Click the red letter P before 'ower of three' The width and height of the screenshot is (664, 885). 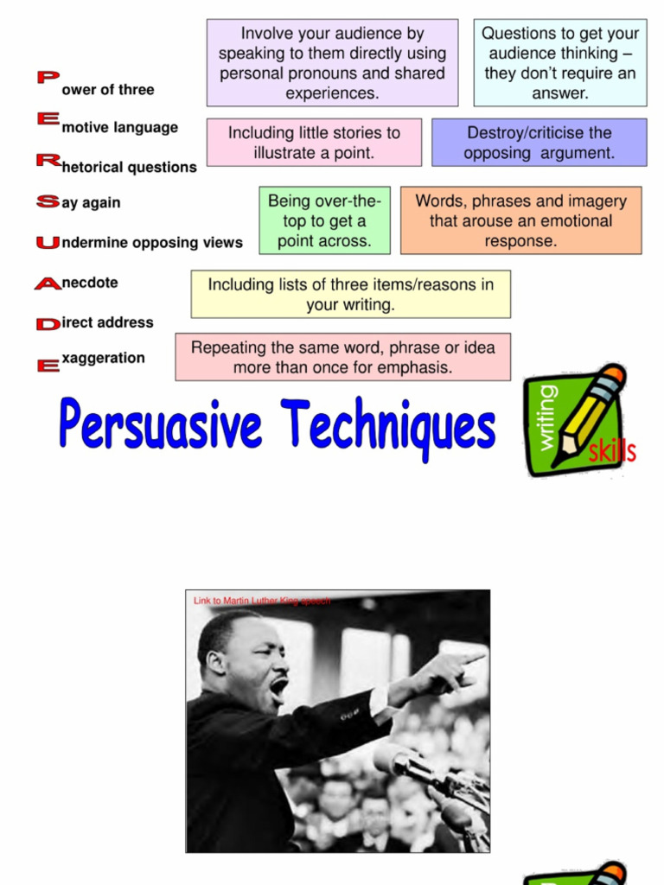point(48,78)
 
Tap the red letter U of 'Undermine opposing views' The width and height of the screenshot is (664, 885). point(48,243)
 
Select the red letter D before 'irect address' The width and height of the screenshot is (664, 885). point(48,324)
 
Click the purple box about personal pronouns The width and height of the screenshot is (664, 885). point(332,63)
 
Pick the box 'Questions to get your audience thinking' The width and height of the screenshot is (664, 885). point(560,63)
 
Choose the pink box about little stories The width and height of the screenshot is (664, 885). point(314,143)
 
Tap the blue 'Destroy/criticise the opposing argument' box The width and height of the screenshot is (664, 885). point(539,143)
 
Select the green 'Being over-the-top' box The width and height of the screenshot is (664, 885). point(324,220)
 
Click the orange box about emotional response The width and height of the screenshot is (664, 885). point(520,220)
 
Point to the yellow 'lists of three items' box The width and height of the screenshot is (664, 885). point(350,294)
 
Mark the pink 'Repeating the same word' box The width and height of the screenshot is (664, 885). point(342,357)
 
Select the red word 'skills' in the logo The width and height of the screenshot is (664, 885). point(612,450)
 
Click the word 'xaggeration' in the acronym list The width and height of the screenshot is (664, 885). point(104,358)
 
